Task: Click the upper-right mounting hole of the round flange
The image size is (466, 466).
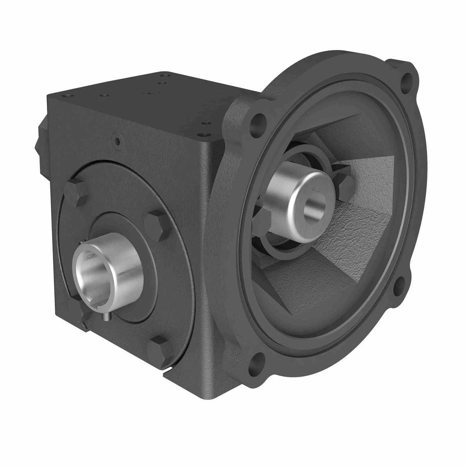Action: (x=407, y=79)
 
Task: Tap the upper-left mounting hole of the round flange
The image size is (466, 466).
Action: (x=258, y=123)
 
